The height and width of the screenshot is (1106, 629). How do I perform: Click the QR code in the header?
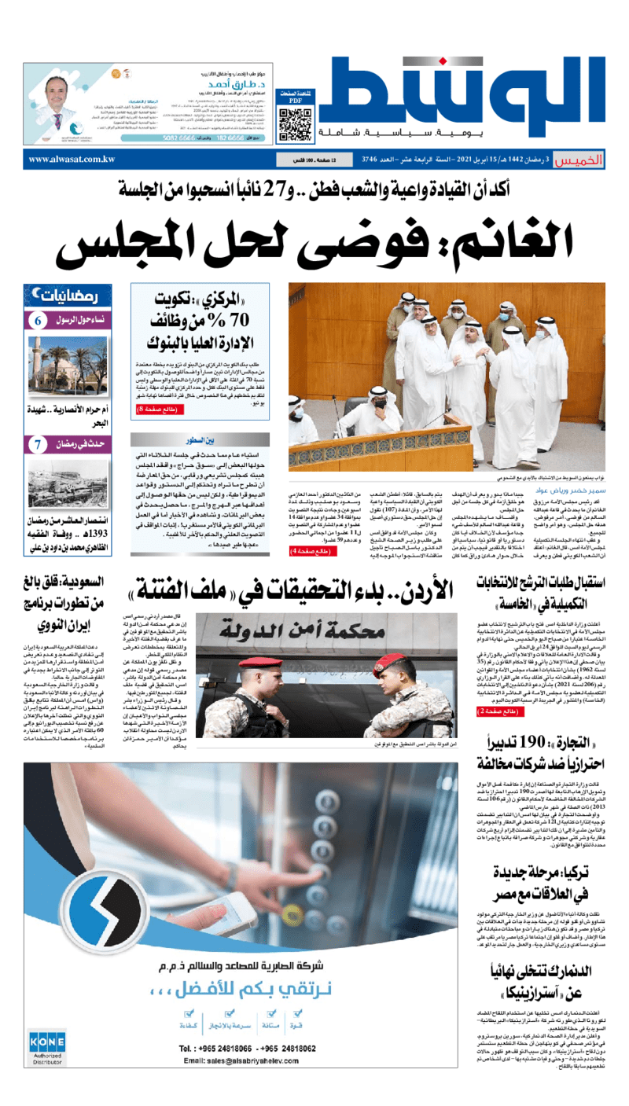point(289,122)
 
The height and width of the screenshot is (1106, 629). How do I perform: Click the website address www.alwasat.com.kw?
point(72,160)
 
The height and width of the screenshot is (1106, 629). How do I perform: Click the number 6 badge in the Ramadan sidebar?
point(38,321)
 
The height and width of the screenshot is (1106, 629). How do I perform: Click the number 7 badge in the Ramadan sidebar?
point(38,445)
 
